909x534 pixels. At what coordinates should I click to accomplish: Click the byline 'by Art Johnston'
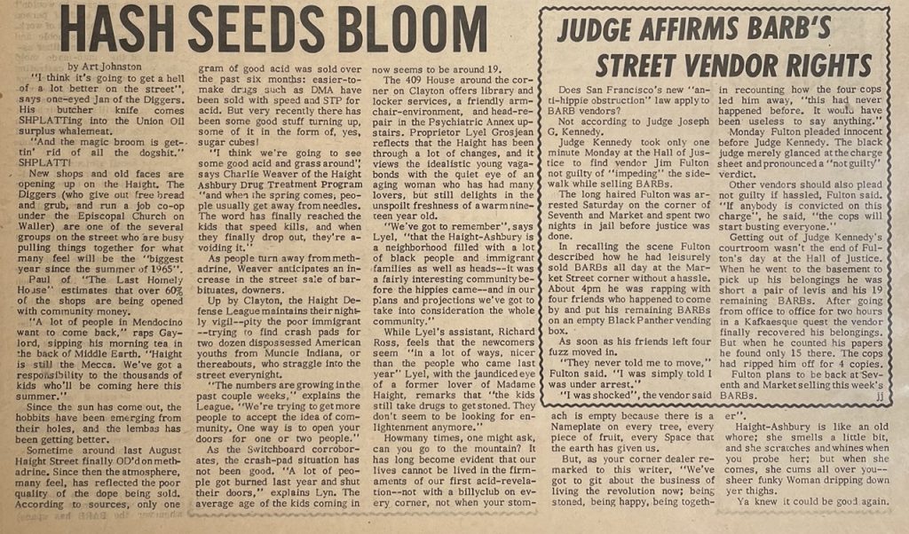point(105,67)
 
